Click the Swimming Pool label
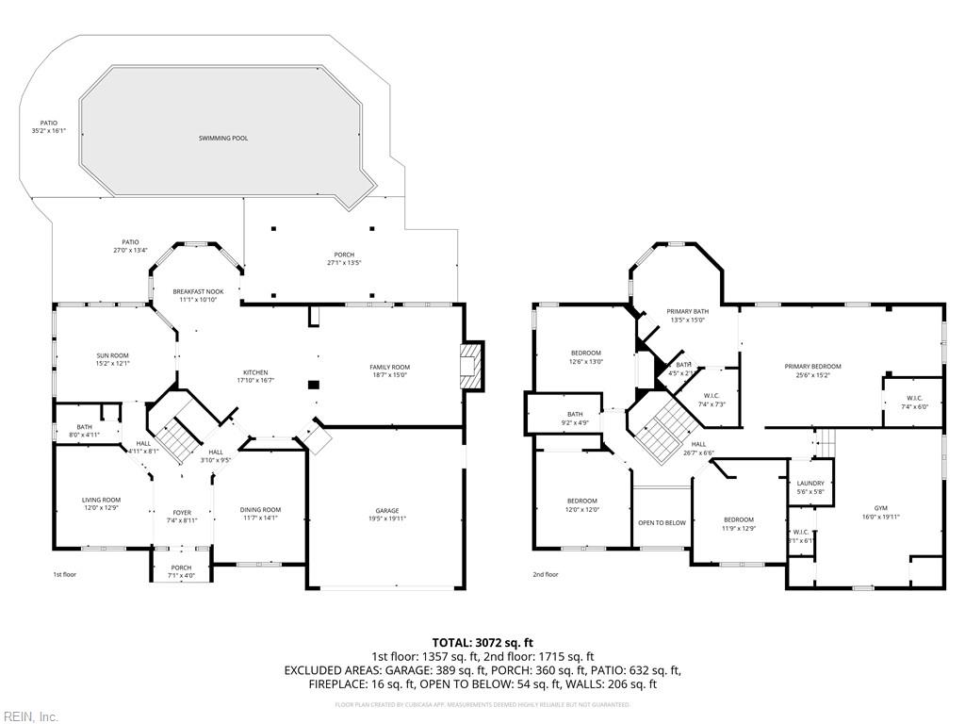click(x=223, y=138)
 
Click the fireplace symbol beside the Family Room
click(x=470, y=366)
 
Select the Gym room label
click(x=880, y=511)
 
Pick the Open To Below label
click(x=662, y=522)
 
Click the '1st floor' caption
click(x=64, y=574)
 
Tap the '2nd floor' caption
click(x=546, y=574)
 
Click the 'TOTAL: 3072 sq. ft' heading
click(x=482, y=642)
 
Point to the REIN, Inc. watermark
click(x=29, y=716)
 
